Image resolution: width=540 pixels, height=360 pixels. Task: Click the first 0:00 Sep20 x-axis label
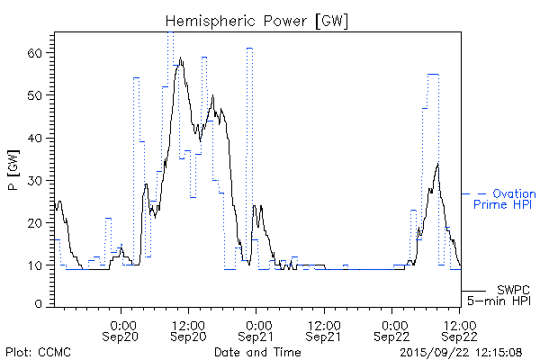pyautogui.click(x=122, y=329)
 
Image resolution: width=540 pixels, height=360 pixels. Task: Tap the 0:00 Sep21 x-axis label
pyautogui.click(x=256, y=329)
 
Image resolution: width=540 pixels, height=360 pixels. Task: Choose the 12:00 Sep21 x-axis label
pyautogui.click(x=322, y=329)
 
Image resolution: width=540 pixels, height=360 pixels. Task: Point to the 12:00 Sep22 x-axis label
pyautogui.click(x=461, y=329)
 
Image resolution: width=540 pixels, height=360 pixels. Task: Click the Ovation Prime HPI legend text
pyautogui.click(x=505, y=199)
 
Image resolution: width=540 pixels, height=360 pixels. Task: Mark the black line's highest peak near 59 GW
pyautogui.click(x=181, y=58)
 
